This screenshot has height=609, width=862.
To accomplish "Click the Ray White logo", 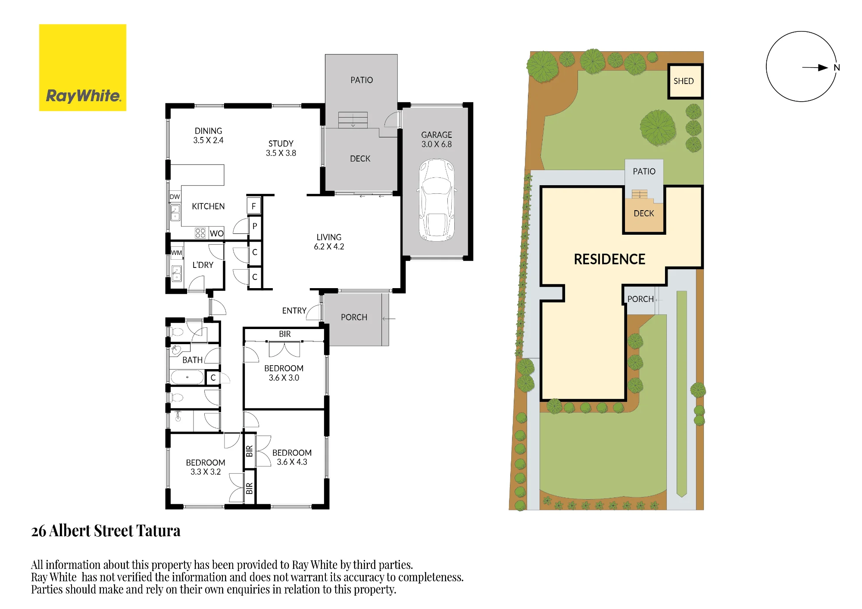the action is click(83, 68).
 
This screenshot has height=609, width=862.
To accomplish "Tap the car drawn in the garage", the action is click(437, 200).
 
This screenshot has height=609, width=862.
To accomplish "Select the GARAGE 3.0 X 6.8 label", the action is click(437, 140).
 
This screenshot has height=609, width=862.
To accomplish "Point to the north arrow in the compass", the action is click(815, 68).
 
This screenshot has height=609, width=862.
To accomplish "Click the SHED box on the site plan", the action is click(685, 81).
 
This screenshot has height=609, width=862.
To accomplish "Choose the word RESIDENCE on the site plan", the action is click(609, 259).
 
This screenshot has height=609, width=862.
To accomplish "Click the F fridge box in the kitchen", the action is click(254, 206).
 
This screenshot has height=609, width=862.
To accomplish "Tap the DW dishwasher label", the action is click(175, 197).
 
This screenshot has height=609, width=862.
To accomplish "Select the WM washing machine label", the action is click(177, 253).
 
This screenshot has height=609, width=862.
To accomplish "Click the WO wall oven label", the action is click(217, 233).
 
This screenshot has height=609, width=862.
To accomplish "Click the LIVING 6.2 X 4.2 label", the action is click(329, 242).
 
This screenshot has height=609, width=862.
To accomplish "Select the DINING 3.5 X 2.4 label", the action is click(208, 135).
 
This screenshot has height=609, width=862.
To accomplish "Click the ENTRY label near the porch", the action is click(294, 311).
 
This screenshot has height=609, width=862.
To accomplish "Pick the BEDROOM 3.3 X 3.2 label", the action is click(206, 467).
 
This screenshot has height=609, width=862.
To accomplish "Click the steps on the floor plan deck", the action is click(353, 120).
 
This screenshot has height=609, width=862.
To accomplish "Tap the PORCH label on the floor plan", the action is click(354, 317).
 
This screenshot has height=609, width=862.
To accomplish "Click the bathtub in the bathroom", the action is click(187, 377).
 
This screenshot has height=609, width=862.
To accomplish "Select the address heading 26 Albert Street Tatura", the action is click(106, 531).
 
